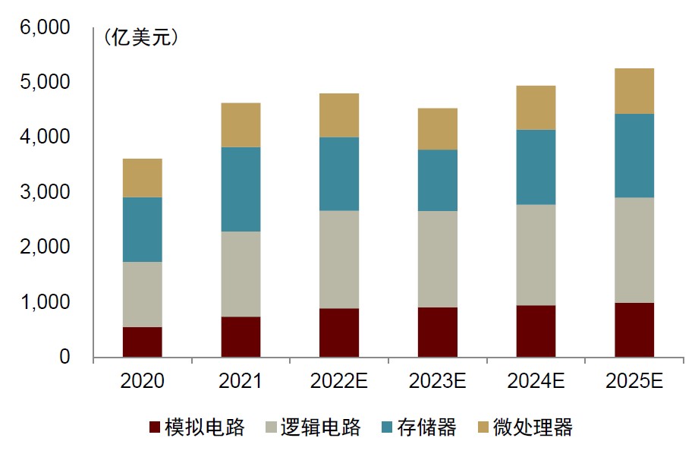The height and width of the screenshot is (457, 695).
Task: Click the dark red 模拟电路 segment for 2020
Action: [142, 342]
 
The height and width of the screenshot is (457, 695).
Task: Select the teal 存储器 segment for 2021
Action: [241, 189]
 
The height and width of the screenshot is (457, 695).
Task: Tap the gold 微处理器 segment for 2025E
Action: [634, 91]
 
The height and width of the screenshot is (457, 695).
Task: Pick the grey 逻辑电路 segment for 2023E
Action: [438, 259]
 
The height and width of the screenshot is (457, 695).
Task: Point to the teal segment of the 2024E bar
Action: [536, 167]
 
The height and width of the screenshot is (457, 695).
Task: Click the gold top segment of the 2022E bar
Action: [339, 115]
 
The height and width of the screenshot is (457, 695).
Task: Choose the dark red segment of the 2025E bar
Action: [634, 329]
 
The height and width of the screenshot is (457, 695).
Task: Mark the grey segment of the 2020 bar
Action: [142, 295]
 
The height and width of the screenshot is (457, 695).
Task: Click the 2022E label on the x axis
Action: [339, 380]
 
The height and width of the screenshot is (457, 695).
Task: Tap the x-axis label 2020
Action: [142, 380]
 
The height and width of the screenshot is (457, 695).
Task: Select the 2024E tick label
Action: [536, 380]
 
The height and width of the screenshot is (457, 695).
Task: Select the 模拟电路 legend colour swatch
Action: [156, 428]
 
